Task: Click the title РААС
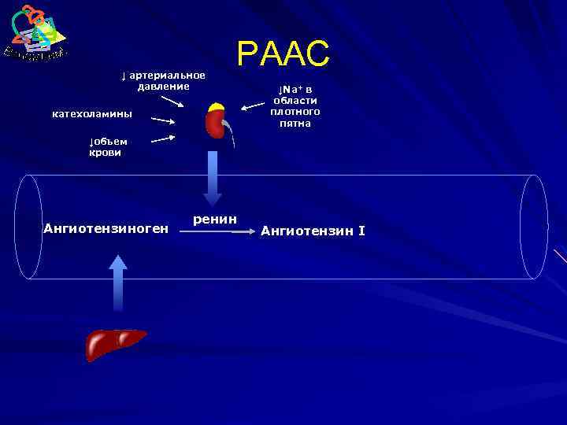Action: pyautogui.click(x=283, y=54)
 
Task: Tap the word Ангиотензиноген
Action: pyautogui.click(x=106, y=229)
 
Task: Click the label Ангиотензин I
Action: pyautogui.click(x=313, y=231)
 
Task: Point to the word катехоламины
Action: pyautogui.click(x=92, y=115)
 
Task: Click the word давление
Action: pyautogui.click(x=163, y=86)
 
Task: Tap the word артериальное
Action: pyautogui.click(x=167, y=75)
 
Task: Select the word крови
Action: pyautogui.click(x=105, y=153)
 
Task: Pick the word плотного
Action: pyautogui.click(x=295, y=112)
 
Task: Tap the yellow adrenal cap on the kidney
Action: pyautogui.click(x=217, y=107)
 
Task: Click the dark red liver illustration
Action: pyautogui.click(x=115, y=343)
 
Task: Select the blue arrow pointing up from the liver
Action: pyautogui.click(x=117, y=283)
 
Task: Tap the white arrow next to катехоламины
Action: pyautogui.click(x=163, y=120)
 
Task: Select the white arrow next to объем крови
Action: pyautogui.click(x=163, y=139)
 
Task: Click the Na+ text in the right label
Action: pyautogui.click(x=292, y=90)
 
